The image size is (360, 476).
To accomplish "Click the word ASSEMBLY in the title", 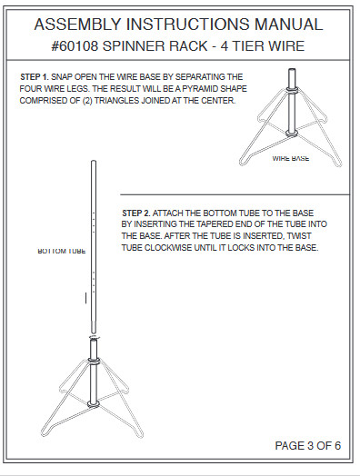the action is click(78, 25).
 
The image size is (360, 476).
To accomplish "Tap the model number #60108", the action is click(75, 46).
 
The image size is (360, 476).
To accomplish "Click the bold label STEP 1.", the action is click(35, 77).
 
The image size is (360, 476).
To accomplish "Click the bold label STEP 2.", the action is click(136, 213).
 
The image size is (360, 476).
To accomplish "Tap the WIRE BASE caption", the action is click(291, 158).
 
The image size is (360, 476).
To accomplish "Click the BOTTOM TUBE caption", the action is click(62, 251).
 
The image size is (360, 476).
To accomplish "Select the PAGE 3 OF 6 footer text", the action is click(308, 446).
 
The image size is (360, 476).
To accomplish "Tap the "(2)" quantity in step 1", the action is click(87, 101).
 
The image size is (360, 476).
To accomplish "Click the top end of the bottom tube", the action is click(94, 161).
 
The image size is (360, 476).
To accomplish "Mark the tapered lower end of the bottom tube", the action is click(94, 329).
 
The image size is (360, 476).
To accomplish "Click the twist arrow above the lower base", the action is click(95, 337).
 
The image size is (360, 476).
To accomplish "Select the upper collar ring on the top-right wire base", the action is click(292, 90).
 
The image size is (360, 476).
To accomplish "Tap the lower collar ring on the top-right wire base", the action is click(292, 134).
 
